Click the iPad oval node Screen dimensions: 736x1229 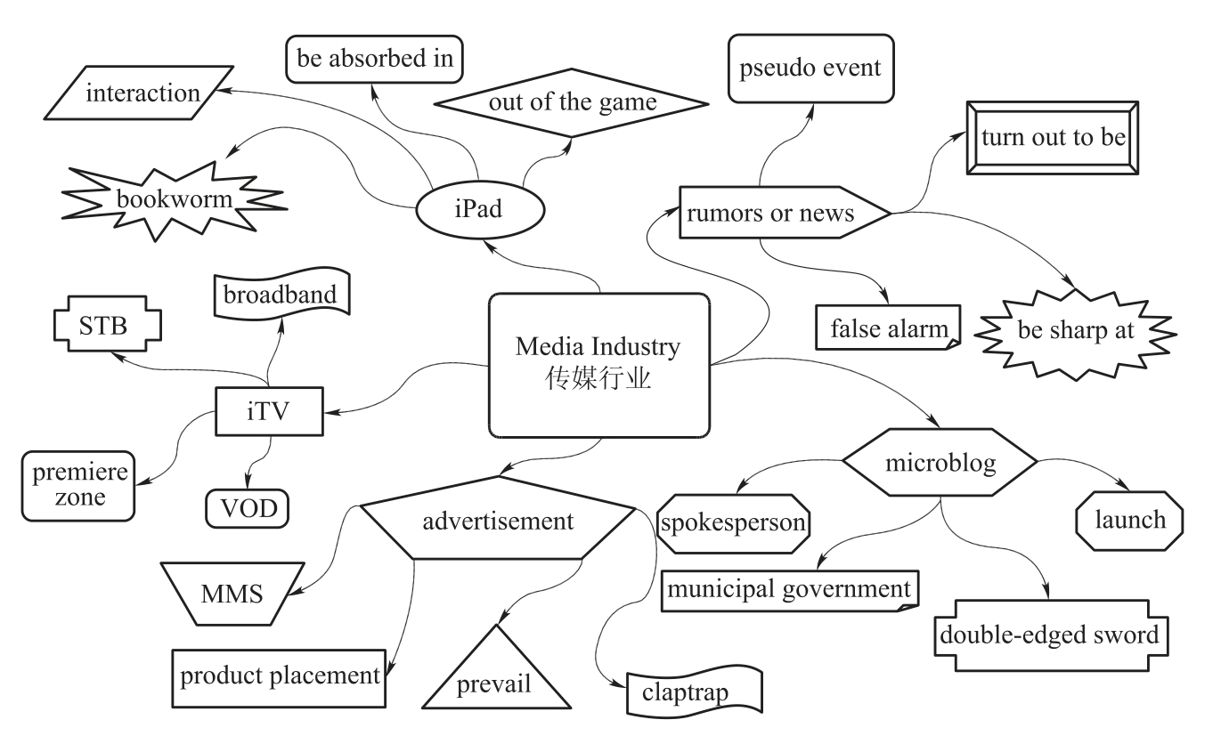point(477,210)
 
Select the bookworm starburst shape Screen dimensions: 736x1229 point(173,200)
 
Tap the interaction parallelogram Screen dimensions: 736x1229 point(142,93)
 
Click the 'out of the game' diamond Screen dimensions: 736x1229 point(572,102)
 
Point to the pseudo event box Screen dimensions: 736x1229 point(810,68)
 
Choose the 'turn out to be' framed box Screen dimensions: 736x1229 point(1053,138)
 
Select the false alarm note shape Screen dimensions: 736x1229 point(889,328)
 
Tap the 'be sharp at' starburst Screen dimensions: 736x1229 point(1076,330)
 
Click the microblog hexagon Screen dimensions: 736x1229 point(940,463)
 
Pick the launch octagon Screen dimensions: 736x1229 point(1129,520)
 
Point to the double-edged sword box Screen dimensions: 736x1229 point(1049,635)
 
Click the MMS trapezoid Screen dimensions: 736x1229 point(232,594)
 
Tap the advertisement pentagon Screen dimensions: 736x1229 point(498,521)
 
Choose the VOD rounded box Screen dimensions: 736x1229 point(248,508)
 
